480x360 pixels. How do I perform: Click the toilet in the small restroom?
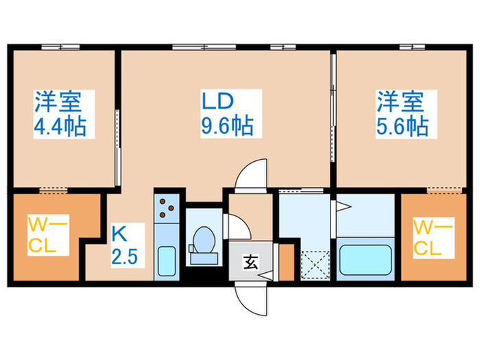(203, 243)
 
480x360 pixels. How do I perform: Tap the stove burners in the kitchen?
(167, 208)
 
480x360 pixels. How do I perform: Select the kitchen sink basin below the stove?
(167, 261)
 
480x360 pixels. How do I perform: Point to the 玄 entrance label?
(251, 261)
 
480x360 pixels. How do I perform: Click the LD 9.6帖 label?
(226, 114)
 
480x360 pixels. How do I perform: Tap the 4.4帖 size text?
(62, 127)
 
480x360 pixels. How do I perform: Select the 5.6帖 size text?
(402, 127)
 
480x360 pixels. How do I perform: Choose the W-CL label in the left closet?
(43, 235)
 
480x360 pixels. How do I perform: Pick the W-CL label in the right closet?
(433, 235)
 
